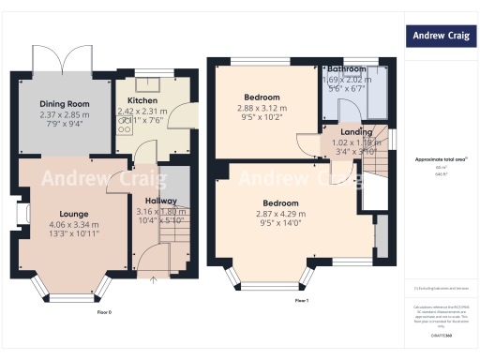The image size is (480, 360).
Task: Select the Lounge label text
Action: [67, 213]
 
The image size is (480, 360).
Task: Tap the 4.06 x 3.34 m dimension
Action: [67, 225]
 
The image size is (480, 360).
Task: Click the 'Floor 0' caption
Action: [103, 311]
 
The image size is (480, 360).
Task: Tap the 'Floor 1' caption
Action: [301, 300]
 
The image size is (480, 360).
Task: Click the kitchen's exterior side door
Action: [194, 112]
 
